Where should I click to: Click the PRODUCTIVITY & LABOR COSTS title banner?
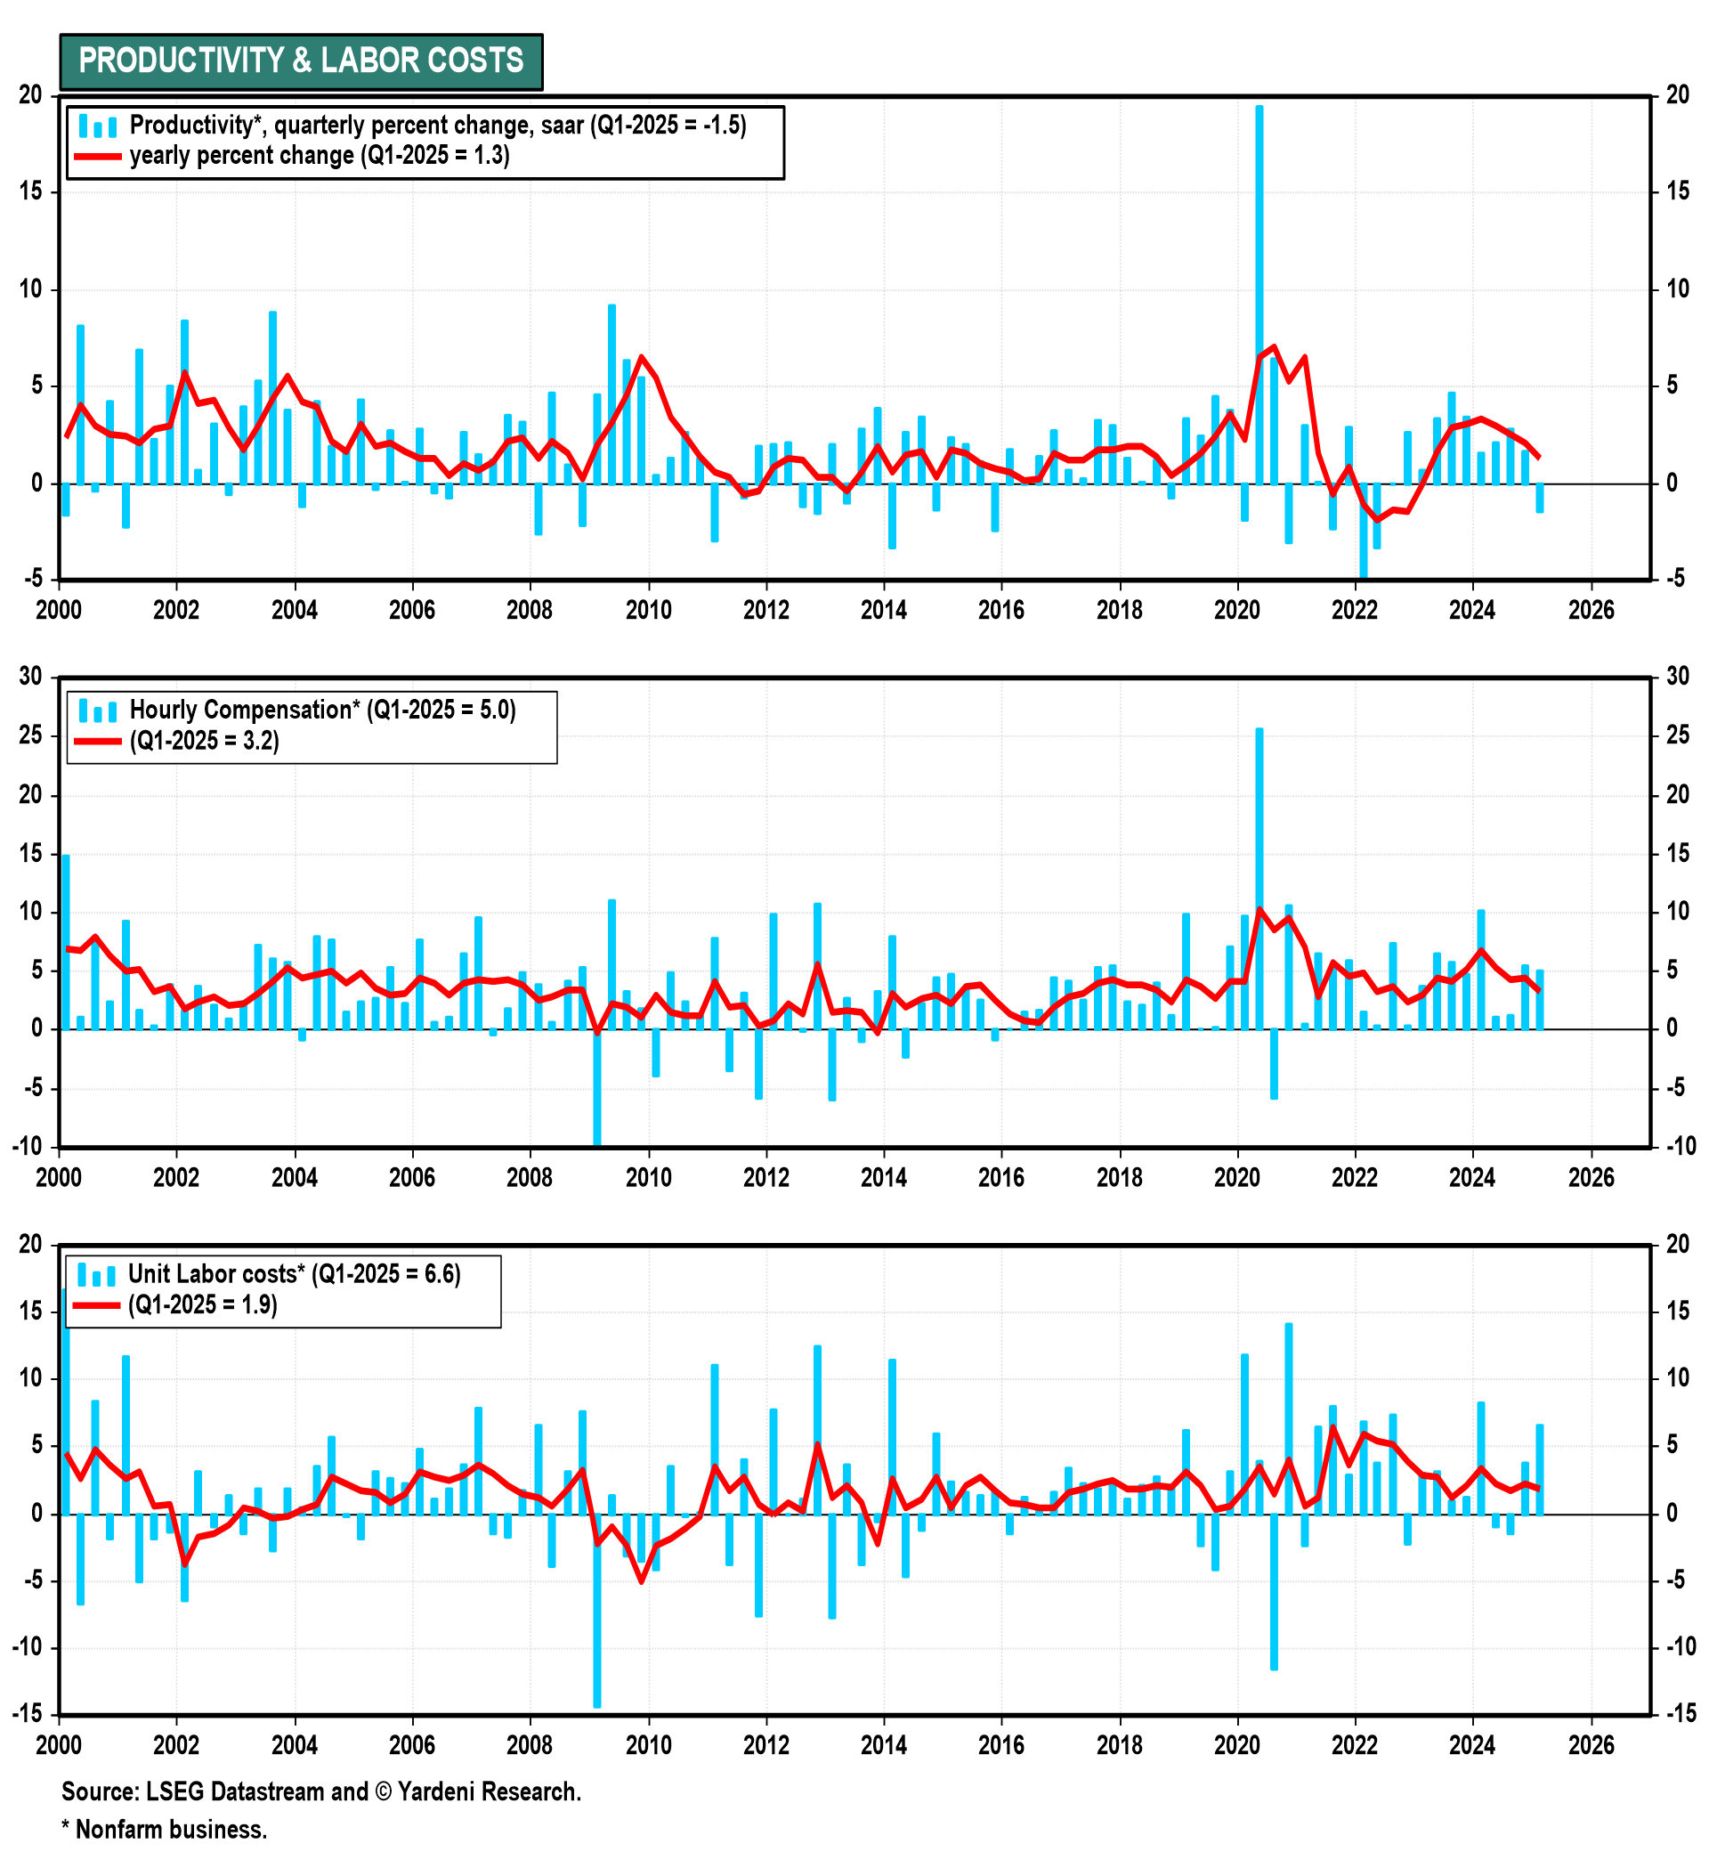[x=301, y=61]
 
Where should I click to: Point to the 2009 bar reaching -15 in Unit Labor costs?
[x=596, y=1609]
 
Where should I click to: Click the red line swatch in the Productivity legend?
[x=97, y=157]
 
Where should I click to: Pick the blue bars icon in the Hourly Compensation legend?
[x=97, y=711]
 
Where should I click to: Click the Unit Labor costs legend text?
[x=294, y=1274]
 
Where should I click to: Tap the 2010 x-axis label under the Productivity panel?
[x=648, y=611]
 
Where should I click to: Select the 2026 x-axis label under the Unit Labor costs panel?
[x=1591, y=1746]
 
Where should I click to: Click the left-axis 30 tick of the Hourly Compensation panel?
[x=31, y=676]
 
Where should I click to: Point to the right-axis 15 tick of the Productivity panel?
[x=1677, y=191]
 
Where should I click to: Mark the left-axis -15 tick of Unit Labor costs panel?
[x=28, y=1714]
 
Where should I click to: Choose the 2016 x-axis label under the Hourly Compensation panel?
[x=1001, y=1178]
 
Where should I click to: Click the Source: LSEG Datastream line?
[x=321, y=1791]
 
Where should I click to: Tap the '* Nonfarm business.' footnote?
[x=165, y=1830]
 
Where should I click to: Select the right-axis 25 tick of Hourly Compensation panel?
[x=1677, y=735]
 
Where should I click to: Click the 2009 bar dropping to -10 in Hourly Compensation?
[x=596, y=1087]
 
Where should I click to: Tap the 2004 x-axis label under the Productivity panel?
[x=294, y=611]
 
